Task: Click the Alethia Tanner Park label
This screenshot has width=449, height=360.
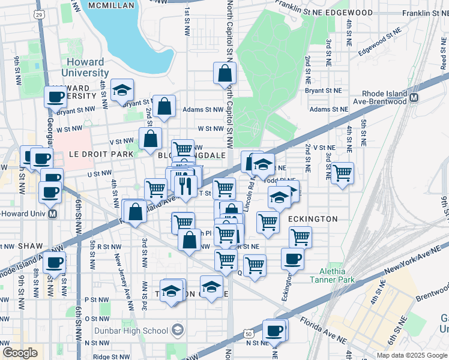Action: click(332, 274)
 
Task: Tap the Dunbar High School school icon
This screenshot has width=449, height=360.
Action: click(177, 330)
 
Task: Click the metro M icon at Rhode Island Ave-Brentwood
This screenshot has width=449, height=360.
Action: click(414, 97)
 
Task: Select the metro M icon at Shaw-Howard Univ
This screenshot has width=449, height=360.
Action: click(53, 214)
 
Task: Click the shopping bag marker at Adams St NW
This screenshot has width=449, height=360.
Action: click(164, 107)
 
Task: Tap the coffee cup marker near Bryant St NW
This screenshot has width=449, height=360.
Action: click(56, 96)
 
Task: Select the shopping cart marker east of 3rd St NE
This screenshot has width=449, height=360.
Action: click(342, 173)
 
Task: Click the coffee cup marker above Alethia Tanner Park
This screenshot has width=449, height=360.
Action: click(292, 259)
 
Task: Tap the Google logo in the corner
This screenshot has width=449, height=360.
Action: click(19, 353)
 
